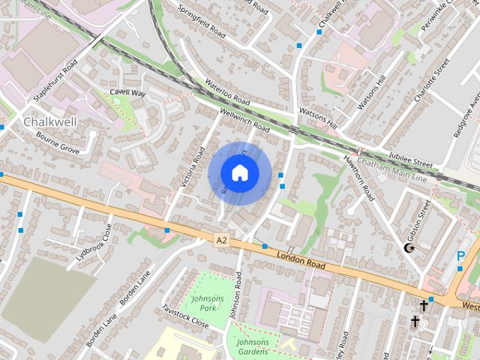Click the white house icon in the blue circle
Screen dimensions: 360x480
click(239, 172)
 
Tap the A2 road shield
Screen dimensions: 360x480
click(220, 240)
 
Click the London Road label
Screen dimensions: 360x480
click(300, 260)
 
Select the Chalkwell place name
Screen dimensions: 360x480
click(49, 121)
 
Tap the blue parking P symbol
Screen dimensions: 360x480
click(460, 256)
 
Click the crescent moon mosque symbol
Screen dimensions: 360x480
click(409, 248)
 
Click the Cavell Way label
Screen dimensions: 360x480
click(127, 93)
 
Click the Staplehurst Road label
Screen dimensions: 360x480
click(55, 82)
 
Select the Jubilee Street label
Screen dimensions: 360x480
click(412, 161)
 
